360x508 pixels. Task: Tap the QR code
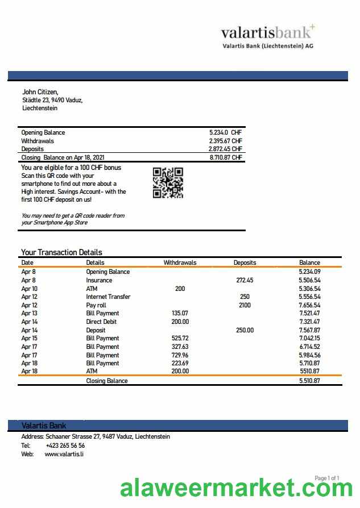coord(168,182)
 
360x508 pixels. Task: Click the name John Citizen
coord(40,91)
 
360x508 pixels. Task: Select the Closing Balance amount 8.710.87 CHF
coord(226,157)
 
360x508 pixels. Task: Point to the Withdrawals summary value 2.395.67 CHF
coord(226,141)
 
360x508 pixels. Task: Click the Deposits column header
coord(245,263)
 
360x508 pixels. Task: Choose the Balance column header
coord(309,263)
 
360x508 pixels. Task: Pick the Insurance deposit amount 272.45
coord(245,280)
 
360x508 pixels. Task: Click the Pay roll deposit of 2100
coord(245,305)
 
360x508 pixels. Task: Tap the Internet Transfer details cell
coord(108,297)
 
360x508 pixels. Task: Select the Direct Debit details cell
coord(102,322)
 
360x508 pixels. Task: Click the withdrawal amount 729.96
coord(180,355)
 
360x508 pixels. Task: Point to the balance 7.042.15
coord(309,338)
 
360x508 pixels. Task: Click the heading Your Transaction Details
coord(61,252)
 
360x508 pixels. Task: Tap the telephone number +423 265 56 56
coord(65,445)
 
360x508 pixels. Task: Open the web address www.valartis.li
coord(64,454)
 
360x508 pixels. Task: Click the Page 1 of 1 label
coord(326,478)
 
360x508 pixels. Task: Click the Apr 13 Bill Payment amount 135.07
coord(180,313)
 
